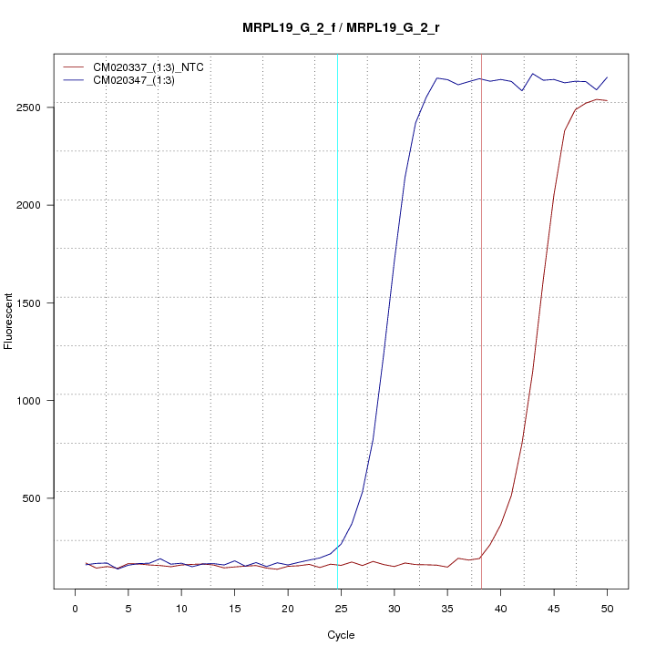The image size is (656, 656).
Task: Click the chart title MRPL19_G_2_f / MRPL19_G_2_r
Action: (342, 27)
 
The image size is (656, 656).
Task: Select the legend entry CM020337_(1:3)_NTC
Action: (155, 67)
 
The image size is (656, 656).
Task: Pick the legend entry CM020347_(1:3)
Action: (140, 80)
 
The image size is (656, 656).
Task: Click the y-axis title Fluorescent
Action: (9, 321)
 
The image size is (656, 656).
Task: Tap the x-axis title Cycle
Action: (341, 635)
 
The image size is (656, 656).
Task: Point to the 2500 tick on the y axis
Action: (39, 107)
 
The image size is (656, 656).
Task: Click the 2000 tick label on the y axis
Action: (39, 204)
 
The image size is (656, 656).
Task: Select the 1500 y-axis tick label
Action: (39, 302)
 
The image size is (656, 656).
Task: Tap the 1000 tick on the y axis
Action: (39, 399)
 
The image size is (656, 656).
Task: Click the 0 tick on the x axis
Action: (75, 608)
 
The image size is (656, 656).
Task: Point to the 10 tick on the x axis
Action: (181, 608)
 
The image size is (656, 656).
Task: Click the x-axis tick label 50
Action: (608, 608)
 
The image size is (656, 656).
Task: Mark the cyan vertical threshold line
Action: (337, 319)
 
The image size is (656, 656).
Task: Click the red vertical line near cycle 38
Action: (481, 319)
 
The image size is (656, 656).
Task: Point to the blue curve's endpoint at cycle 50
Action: (607, 77)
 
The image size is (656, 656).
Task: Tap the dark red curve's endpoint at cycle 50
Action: (607, 100)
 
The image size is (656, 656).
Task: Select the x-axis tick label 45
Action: (554, 608)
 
